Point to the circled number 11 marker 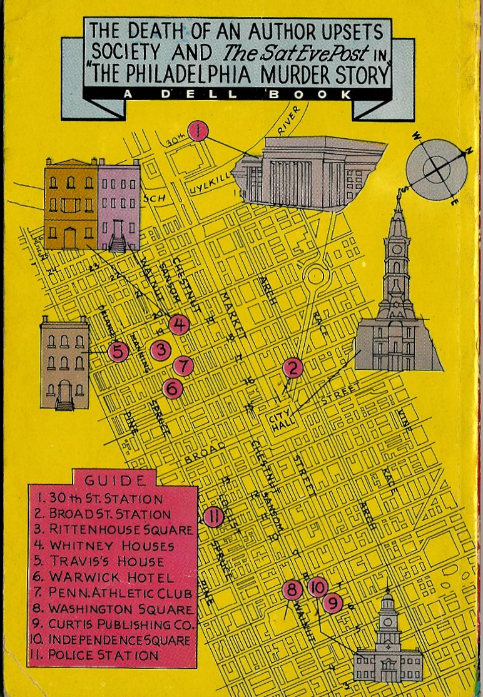(213, 517)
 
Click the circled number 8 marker (292, 589)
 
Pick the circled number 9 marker (333, 603)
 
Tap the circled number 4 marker (179, 325)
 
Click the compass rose (437, 168)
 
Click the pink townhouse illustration (119, 207)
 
